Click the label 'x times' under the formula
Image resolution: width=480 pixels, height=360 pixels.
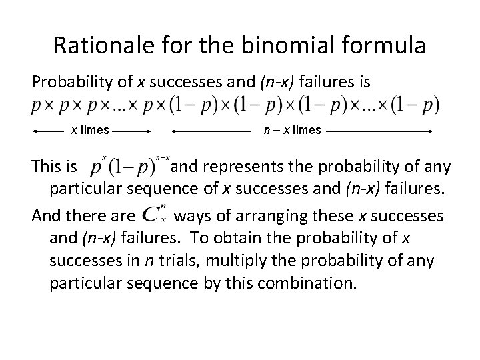[x=91, y=131]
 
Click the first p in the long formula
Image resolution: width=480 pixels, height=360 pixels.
[x=36, y=107]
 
